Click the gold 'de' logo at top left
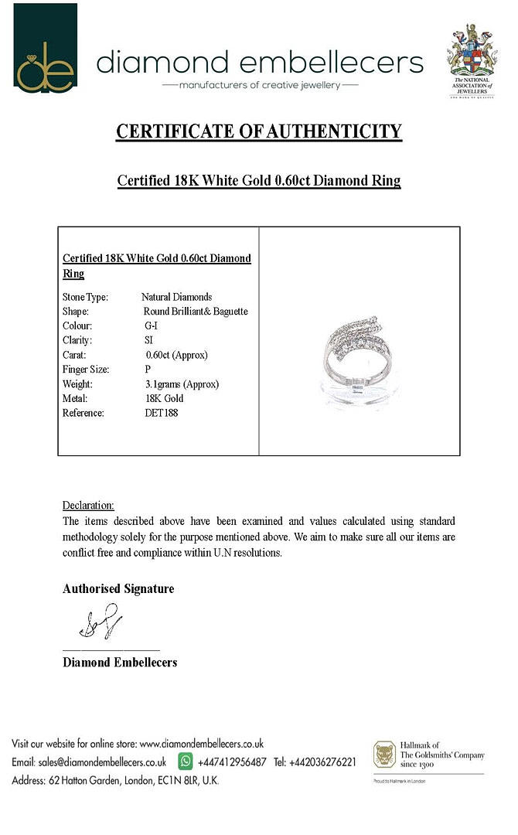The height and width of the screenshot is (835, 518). point(46,48)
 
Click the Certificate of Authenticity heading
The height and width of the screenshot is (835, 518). point(259,131)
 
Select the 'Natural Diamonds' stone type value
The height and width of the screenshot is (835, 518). point(176,297)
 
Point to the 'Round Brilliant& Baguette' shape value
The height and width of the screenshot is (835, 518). point(196,312)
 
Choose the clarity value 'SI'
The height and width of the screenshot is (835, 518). point(148,340)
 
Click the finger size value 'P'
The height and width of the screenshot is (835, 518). point(148,370)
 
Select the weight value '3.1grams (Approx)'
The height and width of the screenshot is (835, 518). point(182,384)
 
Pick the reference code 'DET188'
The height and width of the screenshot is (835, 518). point(161,413)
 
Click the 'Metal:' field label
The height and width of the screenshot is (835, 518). point(75,399)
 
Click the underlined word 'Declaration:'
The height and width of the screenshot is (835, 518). point(88,506)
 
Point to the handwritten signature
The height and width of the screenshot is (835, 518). point(101,622)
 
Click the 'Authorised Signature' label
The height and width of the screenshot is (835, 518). point(118,589)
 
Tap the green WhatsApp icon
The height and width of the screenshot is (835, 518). point(186,762)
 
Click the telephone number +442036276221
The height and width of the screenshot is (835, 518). point(322,762)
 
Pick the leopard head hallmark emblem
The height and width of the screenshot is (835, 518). point(384,755)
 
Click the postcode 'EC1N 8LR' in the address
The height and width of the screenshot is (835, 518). point(176,781)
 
